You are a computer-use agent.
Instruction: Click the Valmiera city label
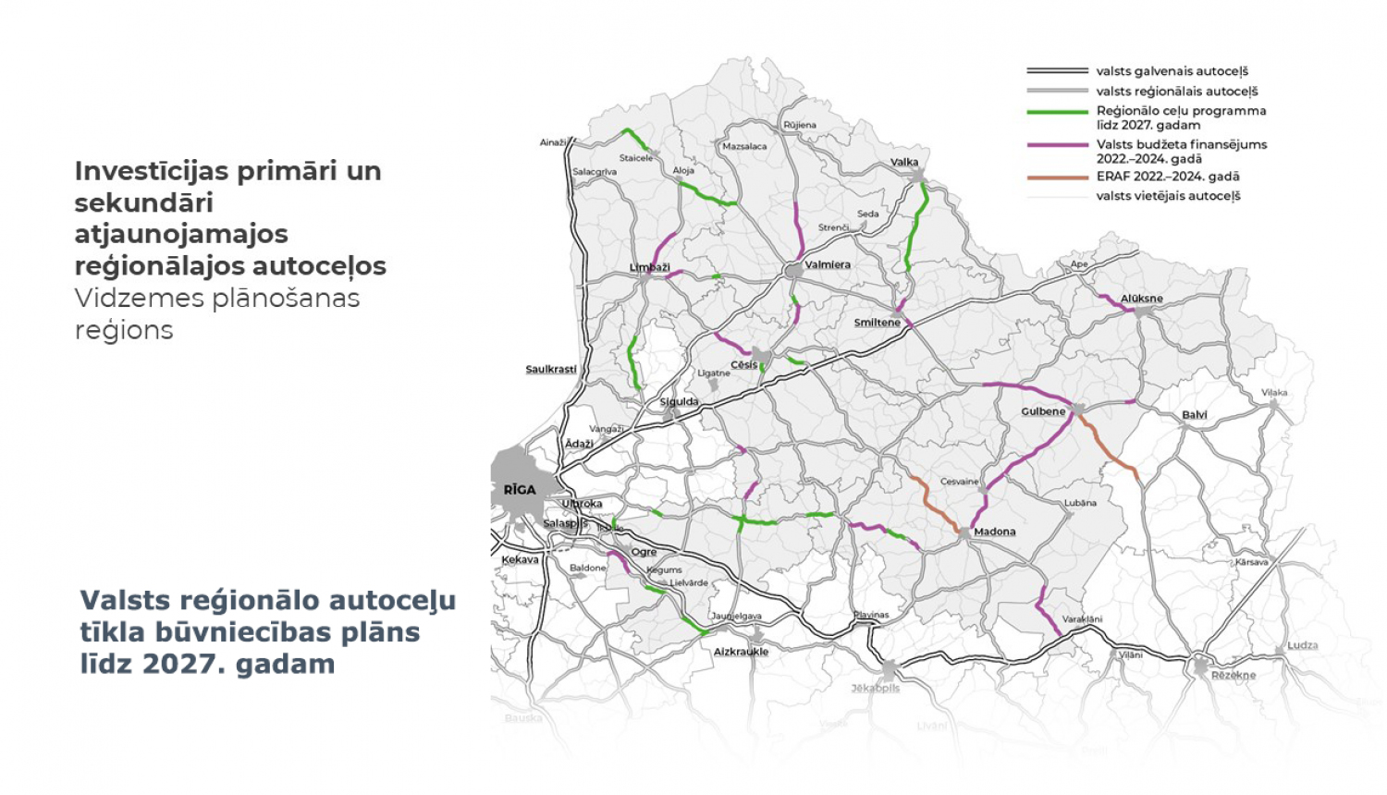pos(828,264)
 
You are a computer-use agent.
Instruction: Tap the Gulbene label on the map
pos(1043,411)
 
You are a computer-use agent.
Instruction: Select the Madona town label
pos(995,532)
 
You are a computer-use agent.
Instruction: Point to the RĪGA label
pos(520,490)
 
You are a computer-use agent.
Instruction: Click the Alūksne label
pos(1142,299)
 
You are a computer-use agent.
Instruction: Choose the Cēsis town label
pos(744,365)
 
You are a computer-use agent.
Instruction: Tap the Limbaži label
pos(649,267)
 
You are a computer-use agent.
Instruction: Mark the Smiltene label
pos(877,323)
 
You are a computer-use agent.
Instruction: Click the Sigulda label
pos(680,402)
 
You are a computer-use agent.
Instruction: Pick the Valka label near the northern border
pos(904,162)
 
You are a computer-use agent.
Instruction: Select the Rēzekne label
pos(1234,676)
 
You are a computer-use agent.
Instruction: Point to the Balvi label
pos(1195,415)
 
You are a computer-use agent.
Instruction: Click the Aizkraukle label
pos(741,652)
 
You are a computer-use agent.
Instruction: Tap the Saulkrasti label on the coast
pos(551,370)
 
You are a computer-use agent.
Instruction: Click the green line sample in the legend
pos(1057,112)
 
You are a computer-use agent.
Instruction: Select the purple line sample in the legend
pos(1057,145)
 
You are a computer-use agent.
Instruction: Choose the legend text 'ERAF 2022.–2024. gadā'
pos(1168,177)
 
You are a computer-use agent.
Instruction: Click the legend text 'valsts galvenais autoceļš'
pos(1172,71)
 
